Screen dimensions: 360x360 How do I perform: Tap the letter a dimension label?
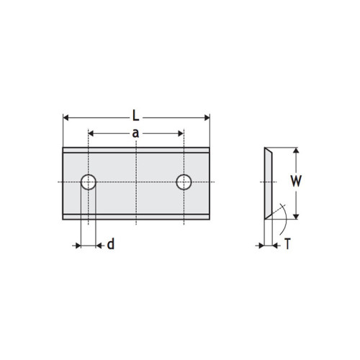(135, 132)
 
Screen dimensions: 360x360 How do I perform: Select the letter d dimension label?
(110, 245)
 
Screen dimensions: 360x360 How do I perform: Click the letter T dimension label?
(287, 245)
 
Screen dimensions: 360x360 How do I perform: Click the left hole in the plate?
(88, 182)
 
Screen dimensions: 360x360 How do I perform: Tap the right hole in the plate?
(184, 182)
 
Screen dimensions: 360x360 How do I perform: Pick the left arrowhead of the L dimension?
(67, 117)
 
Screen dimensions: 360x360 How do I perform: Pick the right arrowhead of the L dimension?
(206, 117)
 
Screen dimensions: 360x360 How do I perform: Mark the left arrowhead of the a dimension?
(91, 133)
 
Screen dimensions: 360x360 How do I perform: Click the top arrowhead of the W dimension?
(296, 152)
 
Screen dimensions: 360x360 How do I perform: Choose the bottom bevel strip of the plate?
(136, 215)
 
